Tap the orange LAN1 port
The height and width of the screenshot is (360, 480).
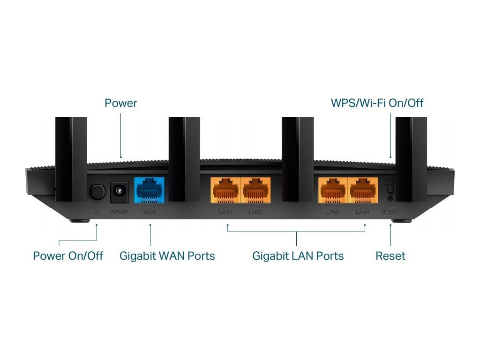click(225, 190)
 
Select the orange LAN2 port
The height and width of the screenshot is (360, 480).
click(255, 190)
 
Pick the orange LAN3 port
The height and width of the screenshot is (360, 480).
click(332, 190)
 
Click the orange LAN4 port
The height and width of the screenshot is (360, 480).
click(362, 190)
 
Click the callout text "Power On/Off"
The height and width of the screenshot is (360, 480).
click(68, 256)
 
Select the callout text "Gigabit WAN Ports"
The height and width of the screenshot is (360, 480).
click(167, 256)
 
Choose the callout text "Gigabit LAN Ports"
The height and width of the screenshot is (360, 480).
click(298, 256)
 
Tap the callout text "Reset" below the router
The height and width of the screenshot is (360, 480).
click(390, 256)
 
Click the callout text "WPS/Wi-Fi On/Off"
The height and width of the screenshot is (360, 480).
click(377, 103)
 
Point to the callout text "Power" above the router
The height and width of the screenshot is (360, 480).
click(121, 103)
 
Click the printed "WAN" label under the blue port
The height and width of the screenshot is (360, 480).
click(149, 211)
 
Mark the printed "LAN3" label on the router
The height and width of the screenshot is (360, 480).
click(333, 211)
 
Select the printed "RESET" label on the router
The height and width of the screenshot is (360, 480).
click(390, 211)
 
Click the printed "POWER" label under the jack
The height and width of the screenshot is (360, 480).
click(119, 211)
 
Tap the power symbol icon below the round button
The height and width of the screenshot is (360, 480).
click(97, 211)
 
